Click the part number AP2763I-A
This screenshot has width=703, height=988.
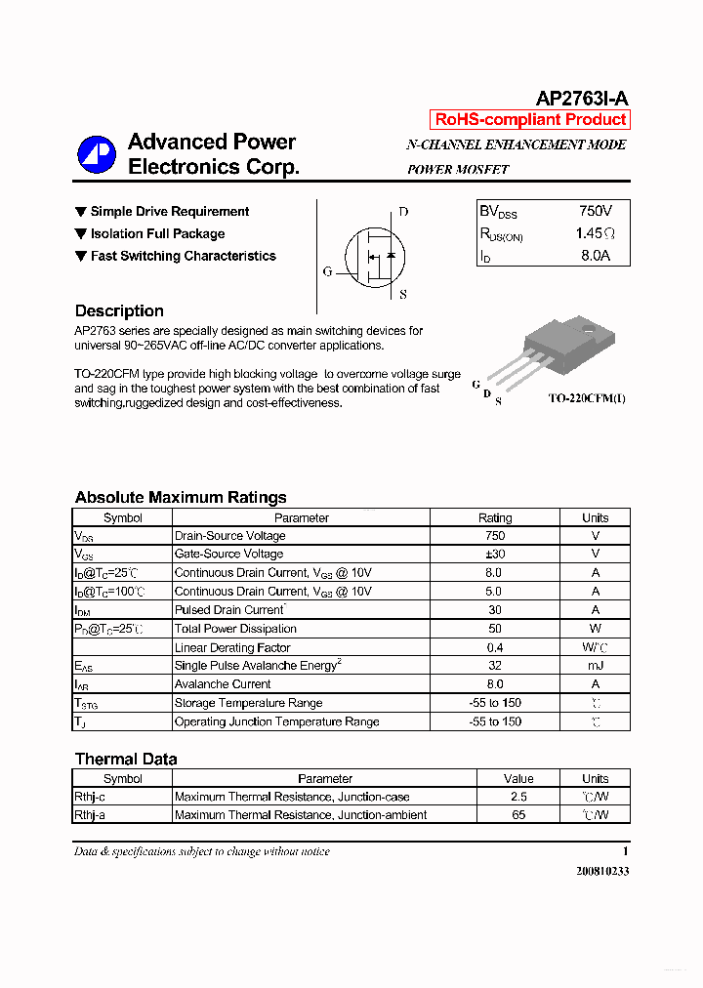[582, 98]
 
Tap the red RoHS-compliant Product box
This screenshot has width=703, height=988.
[530, 120]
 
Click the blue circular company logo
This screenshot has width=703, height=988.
[97, 155]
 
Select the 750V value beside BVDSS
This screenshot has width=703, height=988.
[595, 211]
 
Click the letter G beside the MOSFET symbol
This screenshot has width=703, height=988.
[327, 272]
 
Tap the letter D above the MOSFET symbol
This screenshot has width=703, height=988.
[403, 212]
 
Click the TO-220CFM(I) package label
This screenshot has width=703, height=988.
[586, 399]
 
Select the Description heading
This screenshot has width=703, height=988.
[119, 310]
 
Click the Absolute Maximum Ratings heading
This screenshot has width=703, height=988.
[181, 497]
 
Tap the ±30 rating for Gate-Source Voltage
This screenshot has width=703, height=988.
[494, 555]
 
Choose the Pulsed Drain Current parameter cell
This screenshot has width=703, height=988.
[228, 610]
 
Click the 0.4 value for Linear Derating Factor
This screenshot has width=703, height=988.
[494, 647]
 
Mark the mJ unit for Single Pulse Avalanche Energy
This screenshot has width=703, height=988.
[595, 666]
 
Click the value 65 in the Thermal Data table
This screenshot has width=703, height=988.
[517, 815]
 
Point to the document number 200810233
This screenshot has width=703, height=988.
[602, 871]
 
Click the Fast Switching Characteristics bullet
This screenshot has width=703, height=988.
[183, 256]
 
